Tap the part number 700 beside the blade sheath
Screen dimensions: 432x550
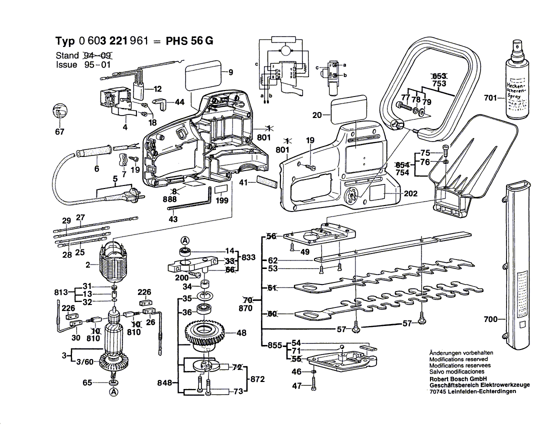coord(490,318)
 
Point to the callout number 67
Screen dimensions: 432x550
coord(60,132)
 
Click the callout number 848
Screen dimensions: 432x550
coord(164,383)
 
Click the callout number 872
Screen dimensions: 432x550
coord(257,379)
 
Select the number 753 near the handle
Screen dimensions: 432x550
coord(439,83)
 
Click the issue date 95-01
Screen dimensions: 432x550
coord(97,64)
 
